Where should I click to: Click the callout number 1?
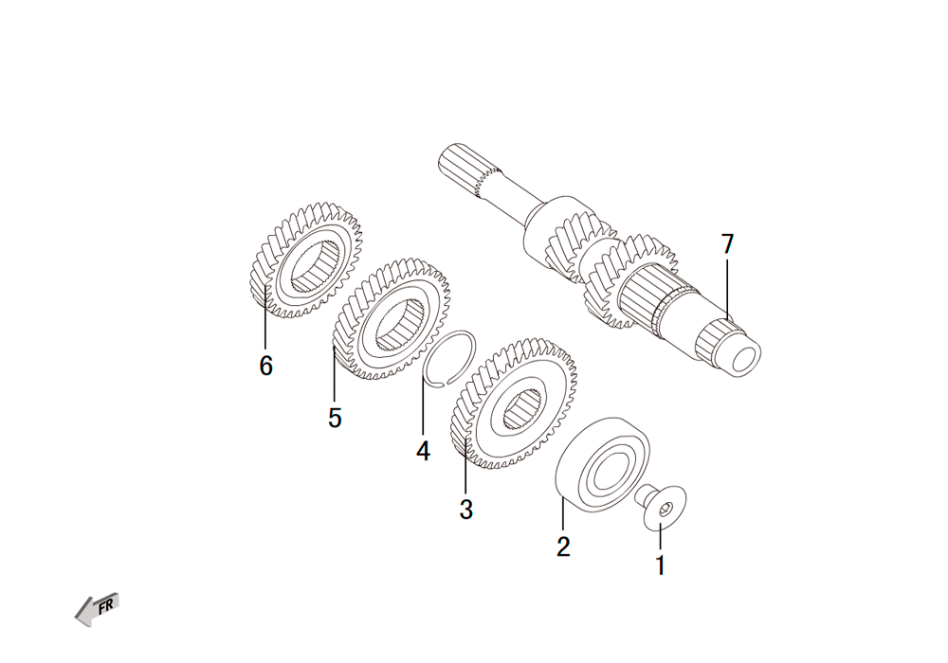660,565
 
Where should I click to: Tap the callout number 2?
563,547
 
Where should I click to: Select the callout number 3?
465,509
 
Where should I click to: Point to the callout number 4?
423,451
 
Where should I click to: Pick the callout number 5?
335,418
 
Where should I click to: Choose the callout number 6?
266,366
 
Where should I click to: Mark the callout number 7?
727,244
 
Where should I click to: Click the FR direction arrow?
97,609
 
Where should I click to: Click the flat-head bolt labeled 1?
660,507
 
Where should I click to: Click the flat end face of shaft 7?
745,360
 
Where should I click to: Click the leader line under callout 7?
727,290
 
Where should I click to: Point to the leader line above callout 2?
563,514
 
